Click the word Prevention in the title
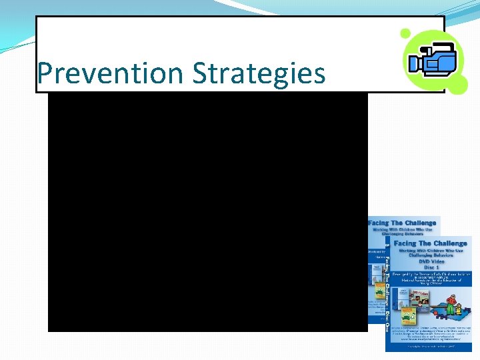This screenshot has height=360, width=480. click(x=112, y=73)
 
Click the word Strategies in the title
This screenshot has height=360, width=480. click(x=259, y=73)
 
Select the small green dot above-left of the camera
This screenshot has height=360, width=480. click(x=405, y=33)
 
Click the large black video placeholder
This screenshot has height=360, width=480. click(x=207, y=212)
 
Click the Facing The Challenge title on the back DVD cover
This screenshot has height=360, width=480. click(x=403, y=223)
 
